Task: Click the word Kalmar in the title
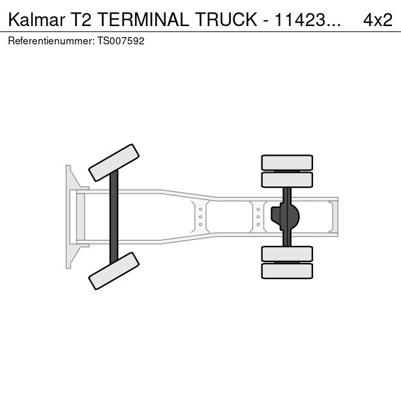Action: (37, 20)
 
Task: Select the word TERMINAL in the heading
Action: (143, 20)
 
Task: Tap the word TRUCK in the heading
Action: (226, 20)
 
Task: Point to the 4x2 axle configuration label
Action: (378, 20)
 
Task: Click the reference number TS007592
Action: (121, 41)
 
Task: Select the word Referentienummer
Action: (51, 41)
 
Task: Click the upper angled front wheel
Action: (114, 162)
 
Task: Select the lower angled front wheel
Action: (114, 271)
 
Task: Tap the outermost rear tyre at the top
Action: (287, 162)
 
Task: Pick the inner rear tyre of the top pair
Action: (287, 180)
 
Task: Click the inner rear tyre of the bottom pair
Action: (287, 254)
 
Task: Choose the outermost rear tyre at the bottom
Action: (287, 271)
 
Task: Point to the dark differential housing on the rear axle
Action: (285, 217)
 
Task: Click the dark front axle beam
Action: (114, 217)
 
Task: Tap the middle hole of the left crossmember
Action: (201, 217)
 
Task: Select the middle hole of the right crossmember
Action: (258, 217)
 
